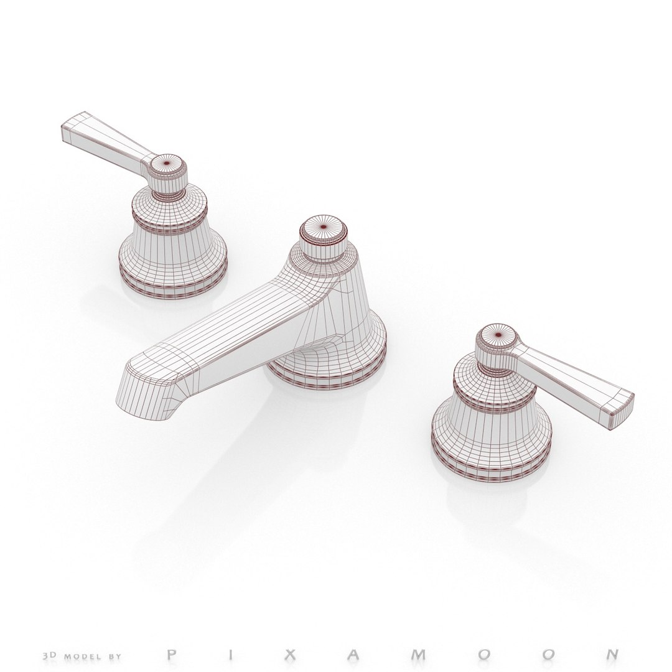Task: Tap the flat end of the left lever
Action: (x=73, y=128)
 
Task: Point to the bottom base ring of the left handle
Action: (x=173, y=283)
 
